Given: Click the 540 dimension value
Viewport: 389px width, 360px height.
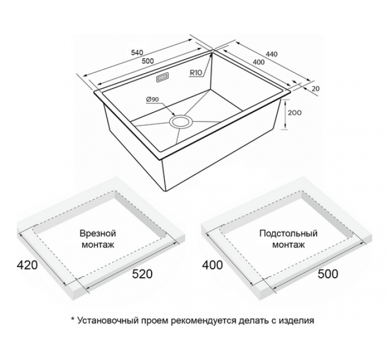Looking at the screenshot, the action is (137, 53).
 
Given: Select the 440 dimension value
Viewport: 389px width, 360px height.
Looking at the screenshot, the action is (271, 54).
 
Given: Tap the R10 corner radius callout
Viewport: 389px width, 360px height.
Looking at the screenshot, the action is (196, 73).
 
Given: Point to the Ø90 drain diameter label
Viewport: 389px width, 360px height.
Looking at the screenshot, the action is (153, 99).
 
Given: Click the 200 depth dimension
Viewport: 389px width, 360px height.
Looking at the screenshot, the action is (295, 113).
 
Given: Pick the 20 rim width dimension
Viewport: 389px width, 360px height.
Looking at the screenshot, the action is (315, 89).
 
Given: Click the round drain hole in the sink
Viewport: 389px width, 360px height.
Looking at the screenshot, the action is (181, 122).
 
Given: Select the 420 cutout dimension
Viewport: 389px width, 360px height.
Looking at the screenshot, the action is (27, 265).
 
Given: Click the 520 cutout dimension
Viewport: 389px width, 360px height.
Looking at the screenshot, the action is (142, 274).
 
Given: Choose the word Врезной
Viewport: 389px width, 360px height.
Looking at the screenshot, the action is (98, 233).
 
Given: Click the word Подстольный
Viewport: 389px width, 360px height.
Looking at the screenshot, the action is (288, 233).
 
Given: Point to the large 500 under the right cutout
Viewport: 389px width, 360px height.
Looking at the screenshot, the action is (328, 274).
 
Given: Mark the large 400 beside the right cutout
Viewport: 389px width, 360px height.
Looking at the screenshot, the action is (213, 265).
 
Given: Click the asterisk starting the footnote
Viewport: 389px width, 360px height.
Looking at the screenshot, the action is (73, 319).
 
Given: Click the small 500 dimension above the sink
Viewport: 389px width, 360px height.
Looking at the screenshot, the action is (148, 61).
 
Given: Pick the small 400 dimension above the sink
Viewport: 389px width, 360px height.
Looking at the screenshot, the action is (259, 62).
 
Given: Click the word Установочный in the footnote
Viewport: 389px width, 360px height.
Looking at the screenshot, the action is (108, 321).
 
